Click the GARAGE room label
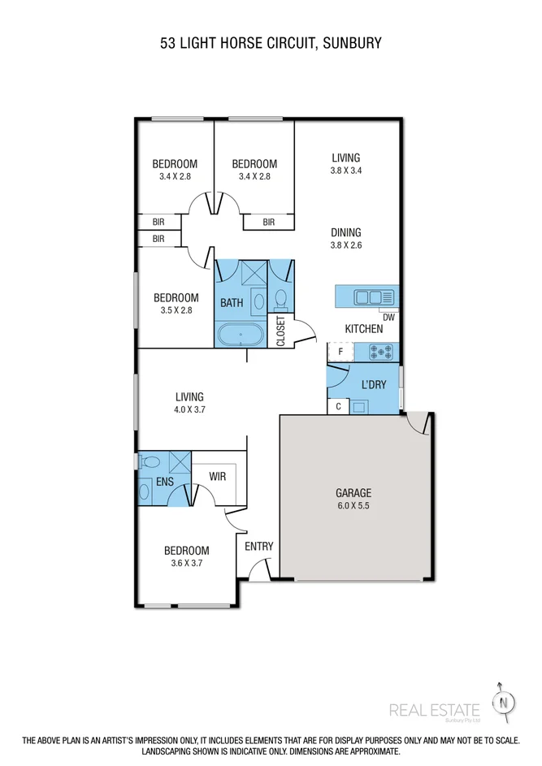(x=353, y=492)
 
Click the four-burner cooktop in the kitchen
(x=381, y=352)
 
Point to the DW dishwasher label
(x=388, y=318)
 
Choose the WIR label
(x=218, y=476)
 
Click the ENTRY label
(x=259, y=546)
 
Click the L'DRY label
(x=374, y=384)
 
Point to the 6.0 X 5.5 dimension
(x=353, y=505)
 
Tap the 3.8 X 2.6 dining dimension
(x=345, y=245)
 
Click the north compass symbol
(x=505, y=701)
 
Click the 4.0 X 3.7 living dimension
(x=189, y=410)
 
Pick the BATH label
(x=232, y=303)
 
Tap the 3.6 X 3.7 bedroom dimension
(x=187, y=563)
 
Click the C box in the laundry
(x=337, y=406)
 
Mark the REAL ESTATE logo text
(x=435, y=710)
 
